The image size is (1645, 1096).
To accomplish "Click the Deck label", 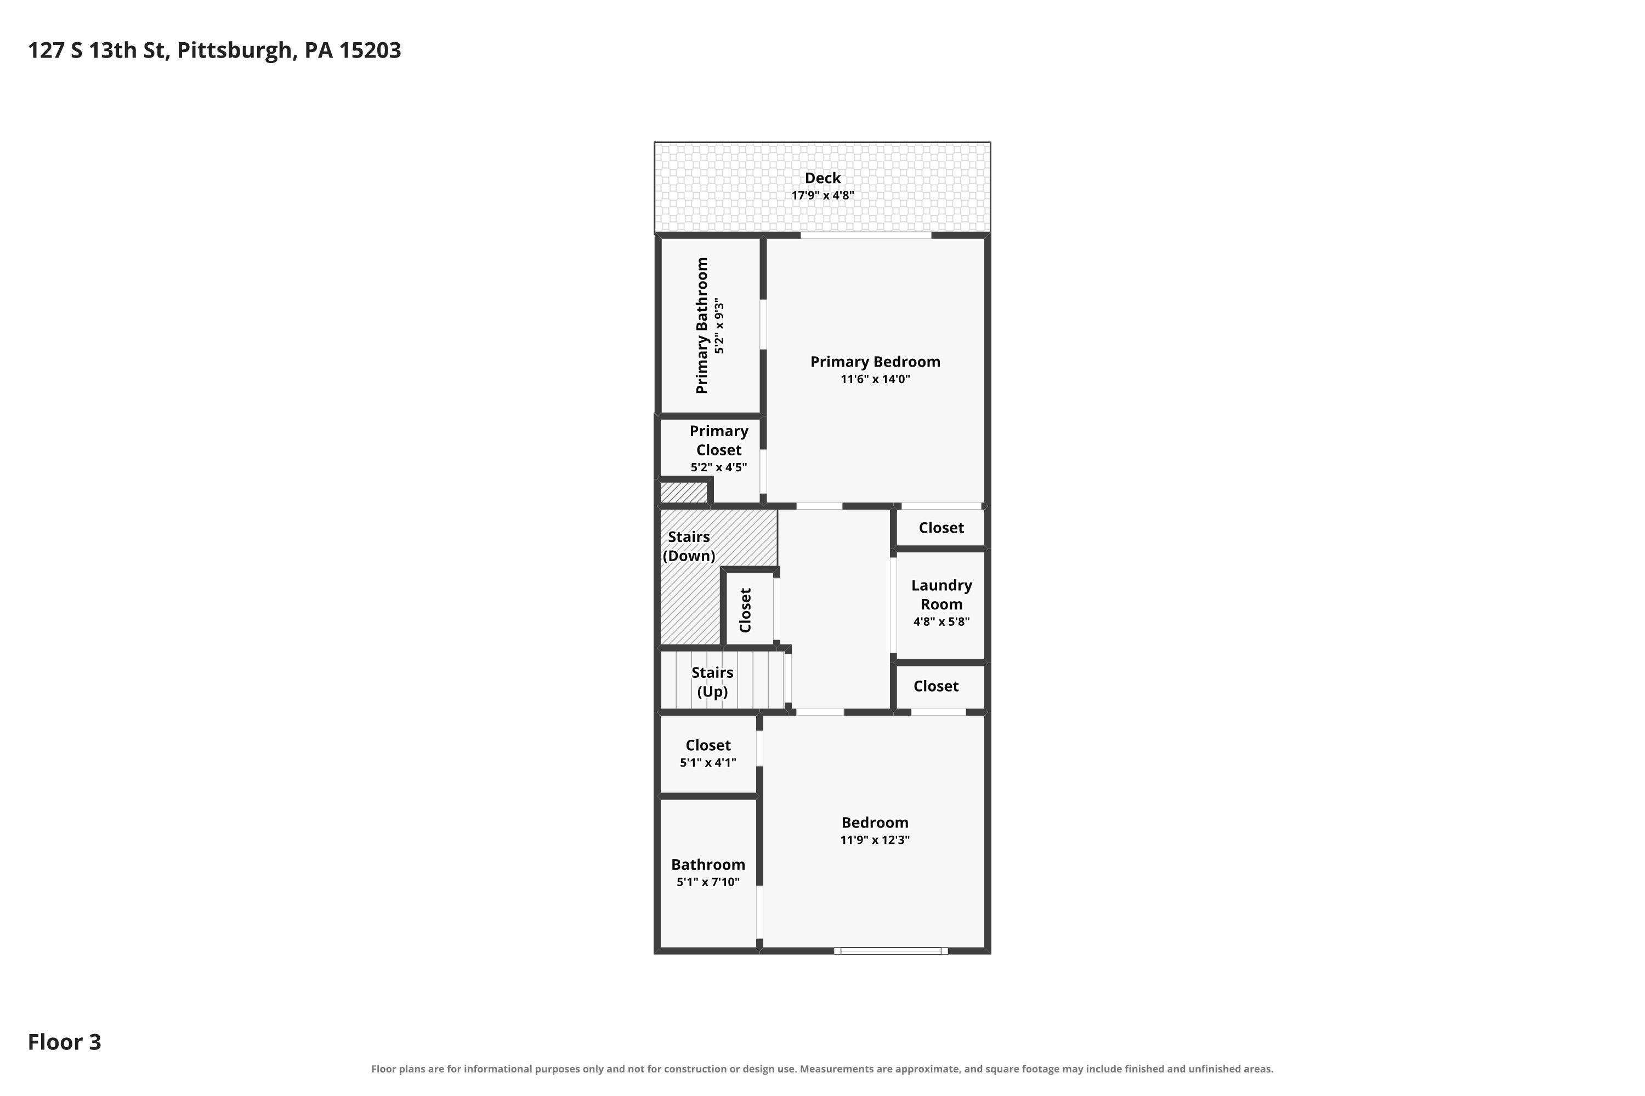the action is (x=822, y=178).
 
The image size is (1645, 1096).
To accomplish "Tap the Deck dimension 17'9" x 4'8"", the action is (x=822, y=196).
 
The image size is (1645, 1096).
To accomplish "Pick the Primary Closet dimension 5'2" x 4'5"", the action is (x=719, y=467).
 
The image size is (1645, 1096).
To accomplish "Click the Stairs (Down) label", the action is (x=689, y=546).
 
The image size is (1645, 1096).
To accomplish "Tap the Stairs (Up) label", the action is (x=713, y=682).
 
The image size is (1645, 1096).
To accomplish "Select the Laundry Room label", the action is (x=941, y=595).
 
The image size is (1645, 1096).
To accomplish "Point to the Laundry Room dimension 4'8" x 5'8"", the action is (x=941, y=622).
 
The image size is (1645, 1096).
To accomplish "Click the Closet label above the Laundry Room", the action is (x=941, y=528).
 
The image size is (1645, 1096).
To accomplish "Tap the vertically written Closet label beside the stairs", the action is (x=746, y=610).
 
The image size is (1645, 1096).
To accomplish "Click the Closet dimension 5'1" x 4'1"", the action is (x=708, y=763).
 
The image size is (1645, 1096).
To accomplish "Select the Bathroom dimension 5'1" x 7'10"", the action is (x=708, y=882).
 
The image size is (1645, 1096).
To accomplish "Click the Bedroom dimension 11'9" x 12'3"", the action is (x=875, y=840).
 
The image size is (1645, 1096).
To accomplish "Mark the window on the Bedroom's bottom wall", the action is (x=891, y=951).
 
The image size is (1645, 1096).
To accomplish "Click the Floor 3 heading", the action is (x=64, y=1042).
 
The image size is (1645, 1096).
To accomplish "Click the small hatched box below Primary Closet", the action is (x=683, y=493).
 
